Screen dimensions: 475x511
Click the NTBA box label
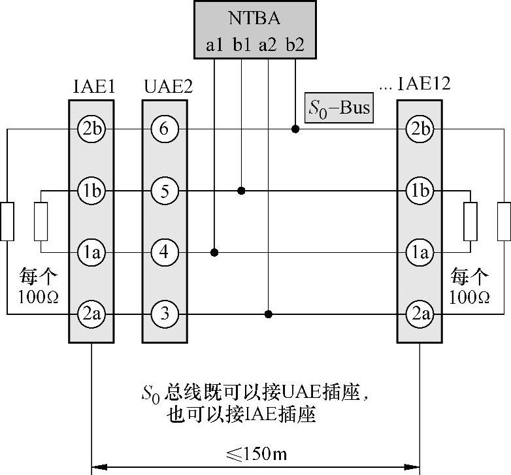[255, 18]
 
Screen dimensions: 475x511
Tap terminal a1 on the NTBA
[215, 46]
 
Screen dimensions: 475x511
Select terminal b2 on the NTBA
[295, 46]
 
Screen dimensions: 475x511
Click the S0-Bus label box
[338, 108]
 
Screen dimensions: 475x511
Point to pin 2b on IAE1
[91, 129]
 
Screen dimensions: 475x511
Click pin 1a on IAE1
[91, 252]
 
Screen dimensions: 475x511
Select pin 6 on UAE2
[164, 129]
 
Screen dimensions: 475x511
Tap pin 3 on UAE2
[164, 314]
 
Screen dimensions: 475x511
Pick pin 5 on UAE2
[164, 191]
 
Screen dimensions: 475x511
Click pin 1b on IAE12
[419, 191]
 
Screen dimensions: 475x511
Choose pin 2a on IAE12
[419, 314]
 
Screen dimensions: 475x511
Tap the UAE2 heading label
[167, 86]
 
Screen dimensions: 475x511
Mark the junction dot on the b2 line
[295, 129]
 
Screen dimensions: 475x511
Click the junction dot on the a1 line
[215, 252]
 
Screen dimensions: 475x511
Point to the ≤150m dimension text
[255, 453]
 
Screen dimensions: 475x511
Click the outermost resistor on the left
[7, 221]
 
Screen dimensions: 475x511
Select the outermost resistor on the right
[504, 221]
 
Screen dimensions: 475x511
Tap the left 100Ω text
[40, 297]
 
